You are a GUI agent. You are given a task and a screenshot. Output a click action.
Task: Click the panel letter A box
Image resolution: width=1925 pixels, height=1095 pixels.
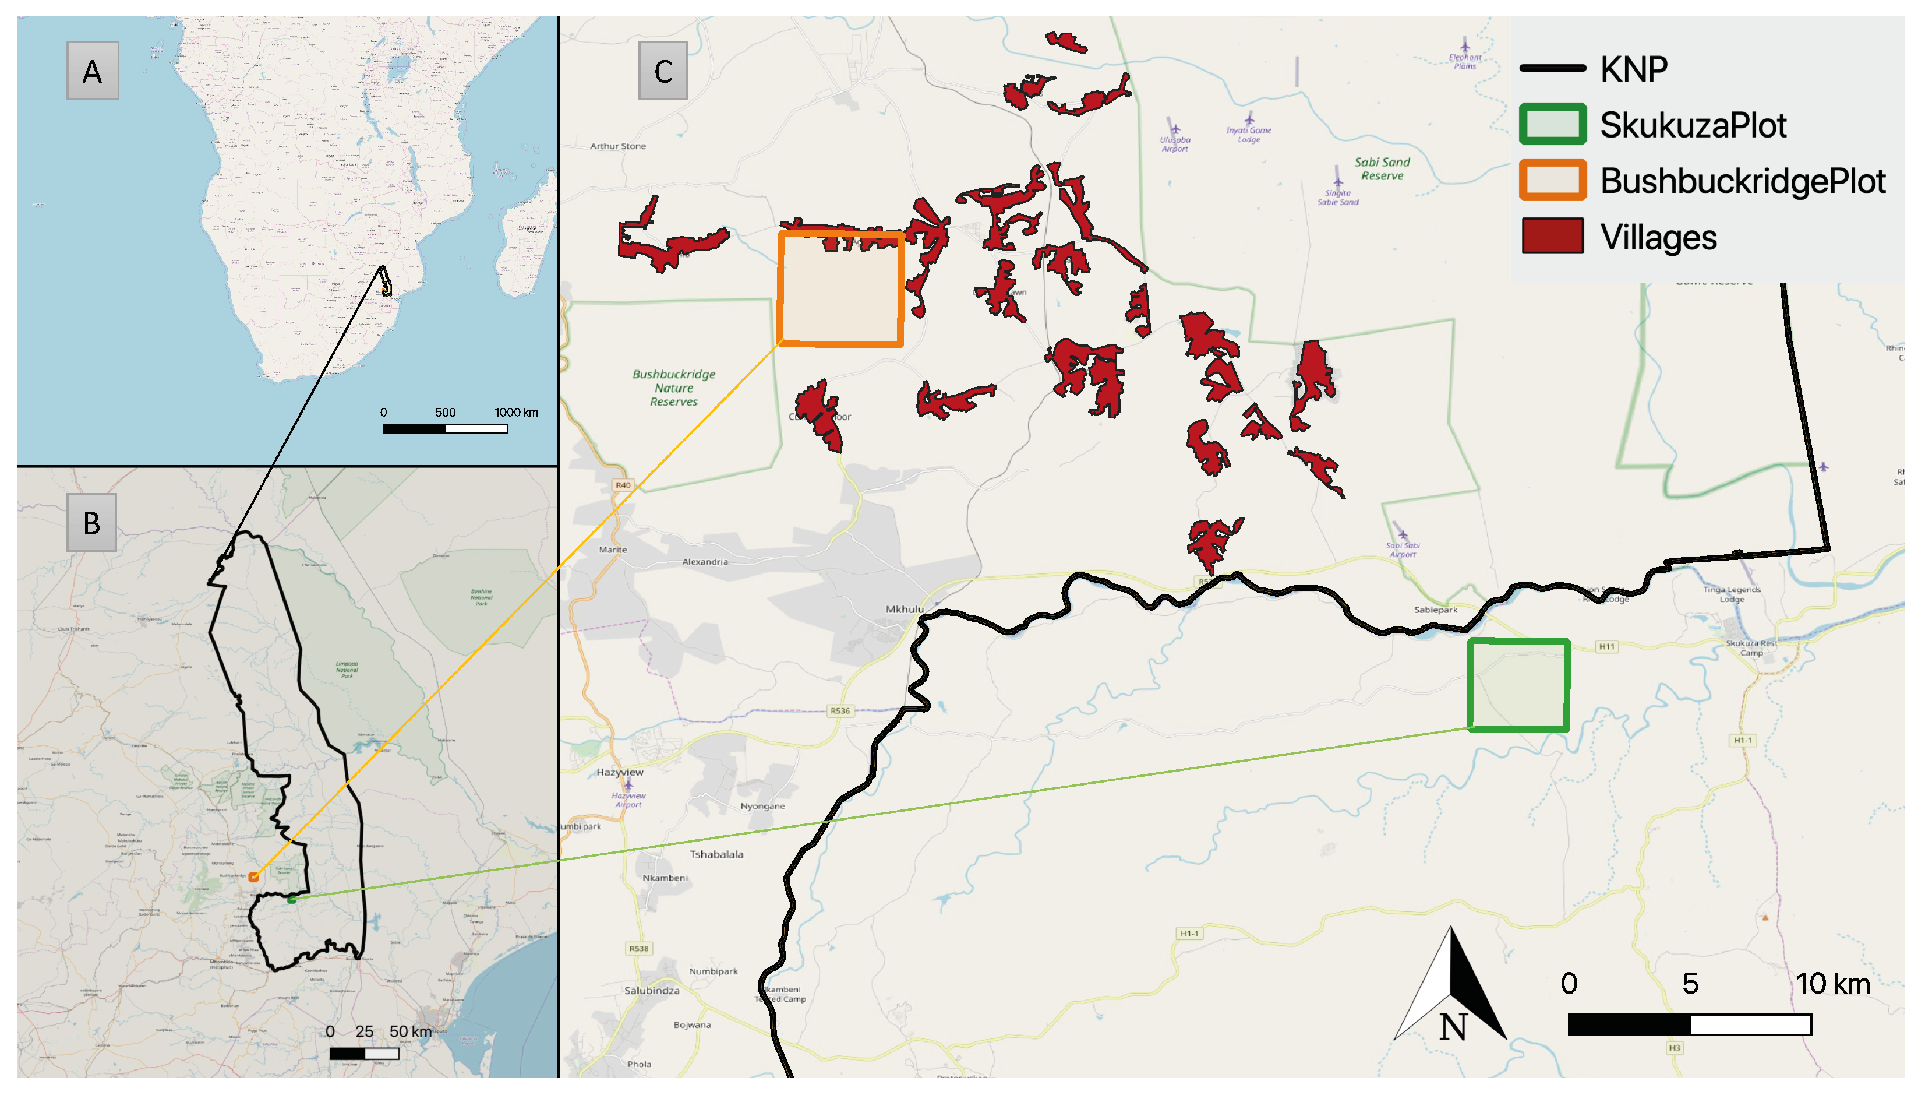pyautogui.click(x=93, y=72)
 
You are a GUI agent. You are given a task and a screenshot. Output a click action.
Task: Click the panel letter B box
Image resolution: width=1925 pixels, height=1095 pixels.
pyautogui.click(x=91, y=523)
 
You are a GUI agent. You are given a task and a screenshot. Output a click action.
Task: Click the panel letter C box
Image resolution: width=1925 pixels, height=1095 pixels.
pyautogui.click(x=663, y=72)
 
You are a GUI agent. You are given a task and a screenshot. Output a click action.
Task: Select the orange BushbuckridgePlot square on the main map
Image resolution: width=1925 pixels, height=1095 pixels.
pyautogui.click(x=840, y=290)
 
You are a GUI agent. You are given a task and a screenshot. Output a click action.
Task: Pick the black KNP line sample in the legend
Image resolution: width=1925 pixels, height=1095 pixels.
pyautogui.click(x=1552, y=68)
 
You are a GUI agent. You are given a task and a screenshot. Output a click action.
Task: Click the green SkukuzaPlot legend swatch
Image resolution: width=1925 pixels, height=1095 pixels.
pyautogui.click(x=1552, y=125)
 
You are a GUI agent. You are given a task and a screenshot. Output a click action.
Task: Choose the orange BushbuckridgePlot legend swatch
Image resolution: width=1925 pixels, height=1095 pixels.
pyautogui.click(x=1552, y=181)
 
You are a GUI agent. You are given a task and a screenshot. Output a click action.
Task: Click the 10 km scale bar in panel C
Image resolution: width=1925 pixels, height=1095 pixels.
pyautogui.click(x=1689, y=1024)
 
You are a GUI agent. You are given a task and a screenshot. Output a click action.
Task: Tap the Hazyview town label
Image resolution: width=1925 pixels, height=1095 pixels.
pyautogui.click(x=620, y=772)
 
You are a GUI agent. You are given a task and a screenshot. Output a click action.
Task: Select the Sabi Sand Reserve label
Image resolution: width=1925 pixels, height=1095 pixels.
pyautogui.click(x=1382, y=169)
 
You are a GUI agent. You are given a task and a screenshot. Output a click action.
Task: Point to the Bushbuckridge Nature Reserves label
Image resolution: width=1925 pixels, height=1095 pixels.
pyautogui.click(x=673, y=388)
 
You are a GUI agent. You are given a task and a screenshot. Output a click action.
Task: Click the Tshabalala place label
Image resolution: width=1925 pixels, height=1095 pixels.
pyautogui.click(x=716, y=854)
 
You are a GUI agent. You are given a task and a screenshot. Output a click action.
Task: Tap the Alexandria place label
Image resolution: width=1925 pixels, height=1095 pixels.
pyautogui.click(x=705, y=562)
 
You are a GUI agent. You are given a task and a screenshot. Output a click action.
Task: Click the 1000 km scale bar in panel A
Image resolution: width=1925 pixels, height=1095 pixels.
pyautogui.click(x=445, y=429)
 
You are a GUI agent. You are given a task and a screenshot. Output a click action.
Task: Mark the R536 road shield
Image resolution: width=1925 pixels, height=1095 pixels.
pyautogui.click(x=840, y=711)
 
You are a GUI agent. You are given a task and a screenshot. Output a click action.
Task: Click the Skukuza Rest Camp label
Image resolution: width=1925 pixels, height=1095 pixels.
pyautogui.click(x=1751, y=647)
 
